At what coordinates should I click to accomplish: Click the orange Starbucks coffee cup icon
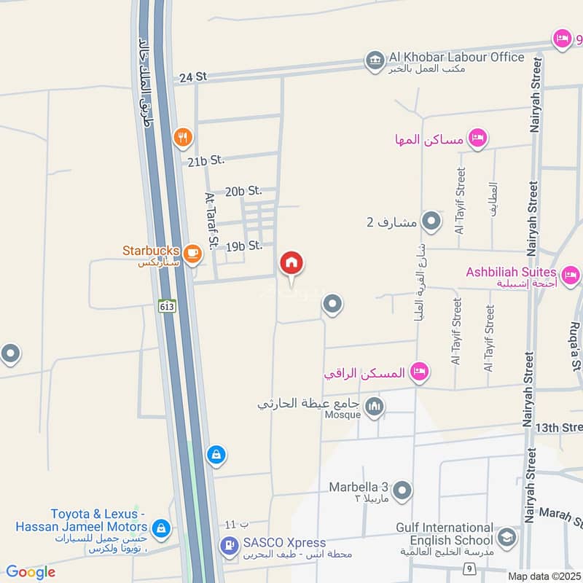(192, 253)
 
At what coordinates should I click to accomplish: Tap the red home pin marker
(291, 263)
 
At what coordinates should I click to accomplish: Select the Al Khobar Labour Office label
(456, 57)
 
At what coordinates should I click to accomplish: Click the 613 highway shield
(166, 308)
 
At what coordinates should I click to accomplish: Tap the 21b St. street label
(206, 161)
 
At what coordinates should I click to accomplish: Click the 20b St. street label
(243, 191)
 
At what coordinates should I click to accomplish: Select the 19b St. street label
(243, 246)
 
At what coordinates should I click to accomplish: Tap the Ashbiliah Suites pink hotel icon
(571, 275)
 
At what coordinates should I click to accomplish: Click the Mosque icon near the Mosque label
(375, 405)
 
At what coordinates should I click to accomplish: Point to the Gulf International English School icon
(506, 539)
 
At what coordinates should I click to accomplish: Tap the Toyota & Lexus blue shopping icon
(162, 527)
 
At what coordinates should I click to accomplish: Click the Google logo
(31, 572)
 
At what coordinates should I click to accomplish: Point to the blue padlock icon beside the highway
(215, 455)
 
